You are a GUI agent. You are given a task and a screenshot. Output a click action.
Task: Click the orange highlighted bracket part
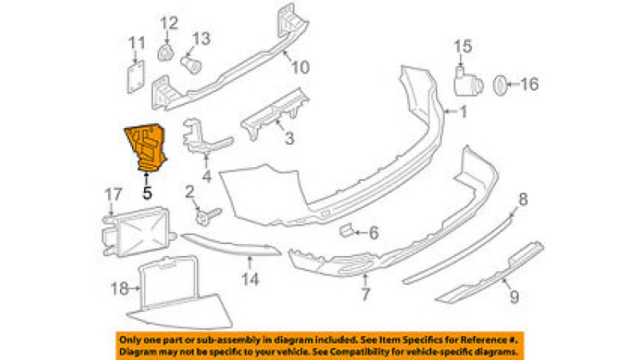pyautogui.click(x=146, y=147)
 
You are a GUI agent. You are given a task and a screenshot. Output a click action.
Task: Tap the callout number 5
pyautogui.click(x=147, y=193)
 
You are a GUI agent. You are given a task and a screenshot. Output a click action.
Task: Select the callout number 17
pyautogui.click(x=114, y=194)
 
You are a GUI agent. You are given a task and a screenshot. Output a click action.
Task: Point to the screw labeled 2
pyautogui.click(x=207, y=216)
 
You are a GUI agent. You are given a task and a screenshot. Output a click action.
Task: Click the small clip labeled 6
pyautogui.click(x=346, y=230)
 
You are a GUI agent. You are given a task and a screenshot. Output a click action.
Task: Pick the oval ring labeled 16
pyautogui.click(x=501, y=86)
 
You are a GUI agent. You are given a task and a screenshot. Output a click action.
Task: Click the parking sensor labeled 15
pyautogui.click(x=468, y=82)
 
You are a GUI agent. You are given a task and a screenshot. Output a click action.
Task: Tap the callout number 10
pyautogui.click(x=301, y=67)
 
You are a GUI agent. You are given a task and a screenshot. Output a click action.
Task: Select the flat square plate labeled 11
pyautogui.click(x=136, y=77)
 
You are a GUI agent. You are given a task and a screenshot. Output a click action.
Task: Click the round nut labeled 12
pyautogui.click(x=166, y=53)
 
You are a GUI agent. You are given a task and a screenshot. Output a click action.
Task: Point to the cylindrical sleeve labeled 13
pyautogui.click(x=191, y=65)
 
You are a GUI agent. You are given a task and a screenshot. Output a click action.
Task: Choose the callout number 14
pyautogui.click(x=250, y=279)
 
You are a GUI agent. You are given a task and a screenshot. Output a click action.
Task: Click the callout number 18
pyautogui.click(x=119, y=289)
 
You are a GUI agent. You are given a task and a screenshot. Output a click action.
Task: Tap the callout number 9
pyautogui.click(x=514, y=297)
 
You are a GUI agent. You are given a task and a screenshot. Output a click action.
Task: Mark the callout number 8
pyautogui.click(x=523, y=199)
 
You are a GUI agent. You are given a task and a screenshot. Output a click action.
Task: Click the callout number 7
pyautogui.click(x=366, y=294)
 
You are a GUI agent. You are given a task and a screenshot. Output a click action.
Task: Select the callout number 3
pyautogui.click(x=290, y=138)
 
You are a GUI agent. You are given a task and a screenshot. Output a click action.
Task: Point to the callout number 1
pyautogui.click(x=463, y=111)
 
